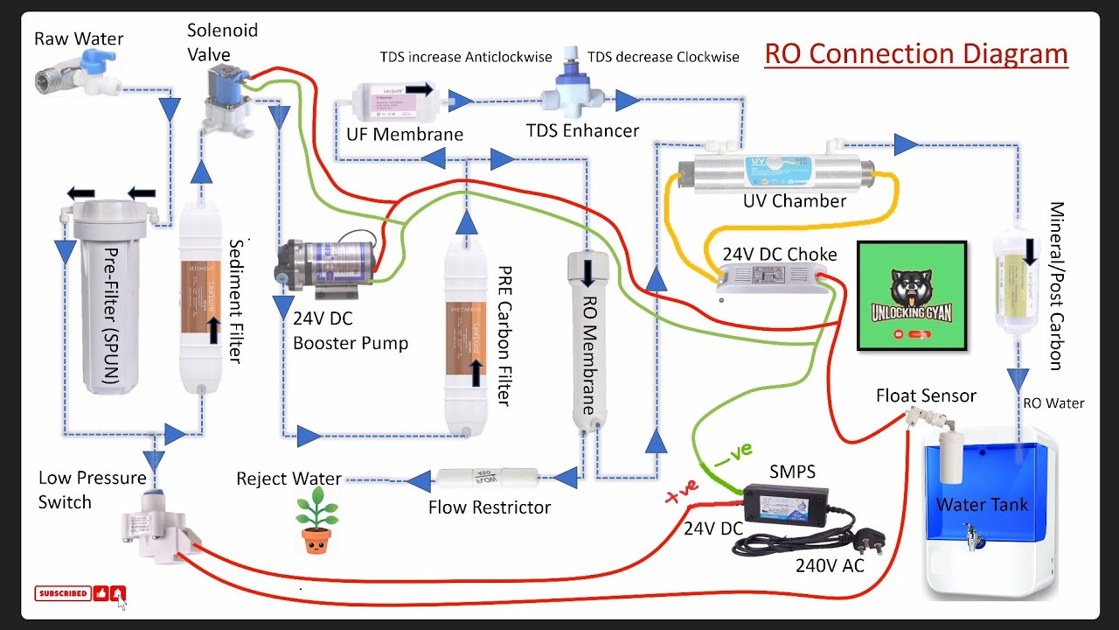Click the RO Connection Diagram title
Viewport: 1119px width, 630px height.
pyautogui.click(x=916, y=53)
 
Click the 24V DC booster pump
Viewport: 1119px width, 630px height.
pyautogui.click(x=328, y=261)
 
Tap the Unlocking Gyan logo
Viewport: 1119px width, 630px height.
pyautogui.click(x=911, y=296)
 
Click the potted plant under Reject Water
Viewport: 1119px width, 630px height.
pyautogui.click(x=316, y=522)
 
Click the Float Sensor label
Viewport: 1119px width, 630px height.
pyautogui.click(x=926, y=396)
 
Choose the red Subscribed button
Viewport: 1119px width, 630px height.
pyautogui.click(x=62, y=593)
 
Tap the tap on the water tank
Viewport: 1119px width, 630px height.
pyautogui.click(x=972, y=536)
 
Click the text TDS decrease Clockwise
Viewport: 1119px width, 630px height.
pyautogui.click(x=663, y=57)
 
